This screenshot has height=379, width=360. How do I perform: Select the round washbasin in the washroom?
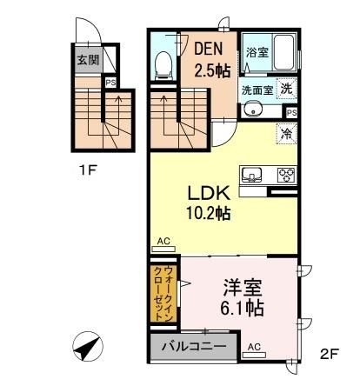(252, 110)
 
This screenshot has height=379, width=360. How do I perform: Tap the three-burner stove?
(286, 173)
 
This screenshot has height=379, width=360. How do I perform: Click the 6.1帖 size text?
(241, 308)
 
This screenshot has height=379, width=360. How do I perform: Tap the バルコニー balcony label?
(195, 349)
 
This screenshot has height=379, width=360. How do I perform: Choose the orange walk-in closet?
(162, 293)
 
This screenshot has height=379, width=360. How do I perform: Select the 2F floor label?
(329, 354)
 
